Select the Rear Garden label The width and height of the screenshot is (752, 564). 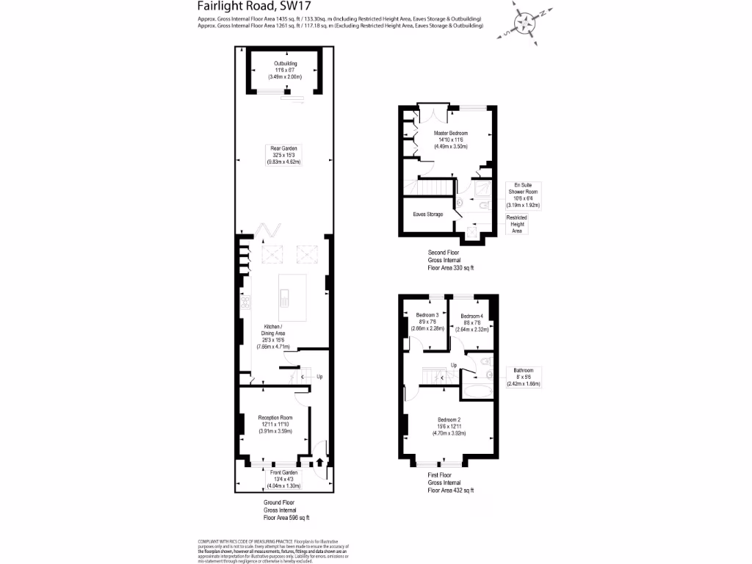285,155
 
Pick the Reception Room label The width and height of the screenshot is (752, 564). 275,424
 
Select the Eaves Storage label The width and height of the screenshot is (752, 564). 428,214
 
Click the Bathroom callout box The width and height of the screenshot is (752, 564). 523,377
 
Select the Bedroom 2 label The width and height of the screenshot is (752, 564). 450,426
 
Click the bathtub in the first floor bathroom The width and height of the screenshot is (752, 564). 480,391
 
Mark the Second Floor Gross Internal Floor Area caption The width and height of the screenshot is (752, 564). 450,260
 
